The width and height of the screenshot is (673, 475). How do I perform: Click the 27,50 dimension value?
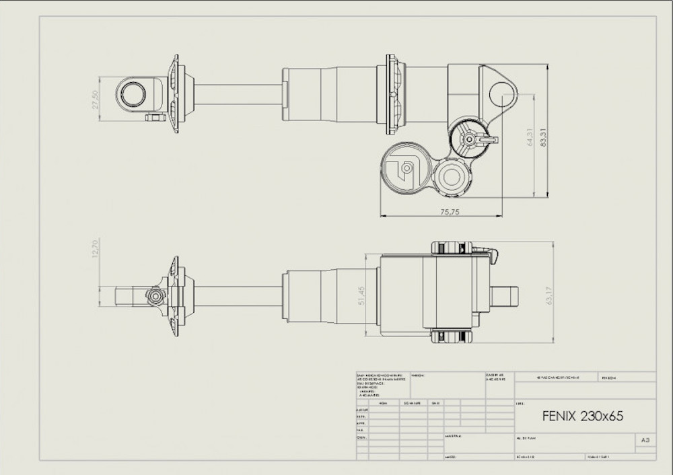(95, 99)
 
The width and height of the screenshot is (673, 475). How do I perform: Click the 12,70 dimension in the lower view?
(95, 248)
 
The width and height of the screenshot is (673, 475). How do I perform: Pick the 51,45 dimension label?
(361, 295)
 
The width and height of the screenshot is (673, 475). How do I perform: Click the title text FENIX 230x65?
(582, 416)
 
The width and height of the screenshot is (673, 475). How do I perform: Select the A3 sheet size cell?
(645, 440)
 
